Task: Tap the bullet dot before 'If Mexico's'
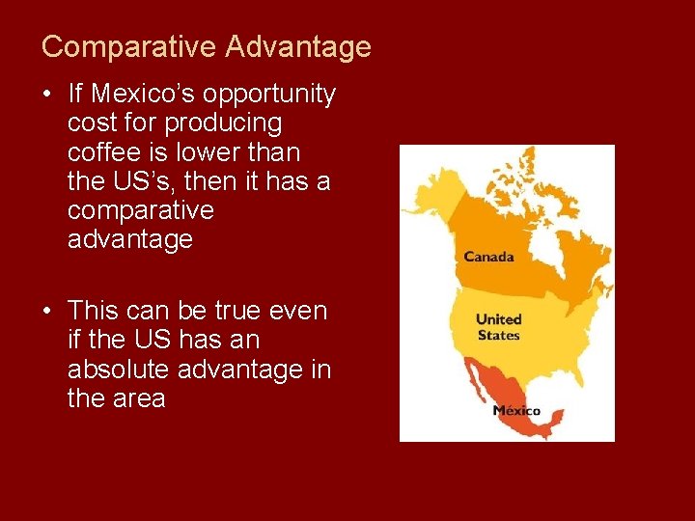click(47, 95)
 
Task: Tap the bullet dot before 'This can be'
click(47, 311)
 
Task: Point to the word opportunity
click(270, 95)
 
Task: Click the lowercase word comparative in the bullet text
click(140, 210)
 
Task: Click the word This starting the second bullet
click(93, 311)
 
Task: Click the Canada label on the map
click(488, 257)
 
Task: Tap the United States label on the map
click(498, 327)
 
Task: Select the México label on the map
click(516, 410)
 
